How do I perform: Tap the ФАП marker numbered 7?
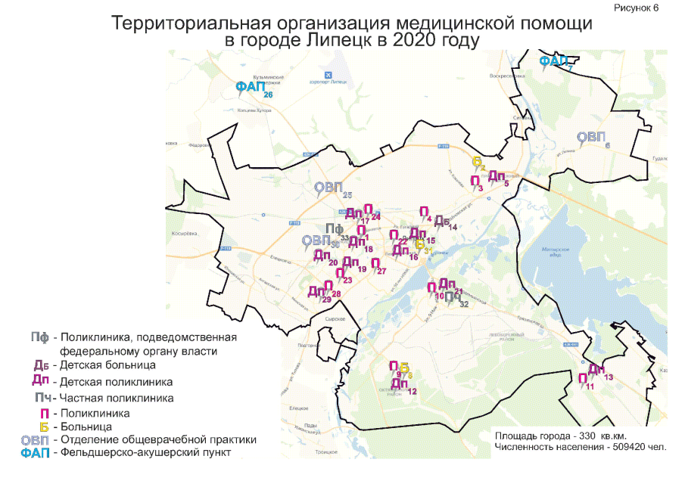(x=553, y=61)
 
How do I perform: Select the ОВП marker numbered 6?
(x=591, y=138)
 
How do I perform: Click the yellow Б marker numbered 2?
(x=477, y=162)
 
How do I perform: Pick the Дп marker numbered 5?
(x=496, y=176)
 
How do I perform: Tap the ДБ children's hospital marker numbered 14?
(x=442, y=221)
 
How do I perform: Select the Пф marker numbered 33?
(x=334, y=230)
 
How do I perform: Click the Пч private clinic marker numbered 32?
(x=453, y=297)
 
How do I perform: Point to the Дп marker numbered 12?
(x=400, y=384)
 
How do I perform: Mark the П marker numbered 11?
(x=583, y=379)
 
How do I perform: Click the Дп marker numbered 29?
(x=316, y=292)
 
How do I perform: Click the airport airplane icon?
(x=328, y=75)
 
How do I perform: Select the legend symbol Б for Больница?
(x=43, y=427)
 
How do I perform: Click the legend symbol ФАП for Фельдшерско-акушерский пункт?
(x=35, y=453)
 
